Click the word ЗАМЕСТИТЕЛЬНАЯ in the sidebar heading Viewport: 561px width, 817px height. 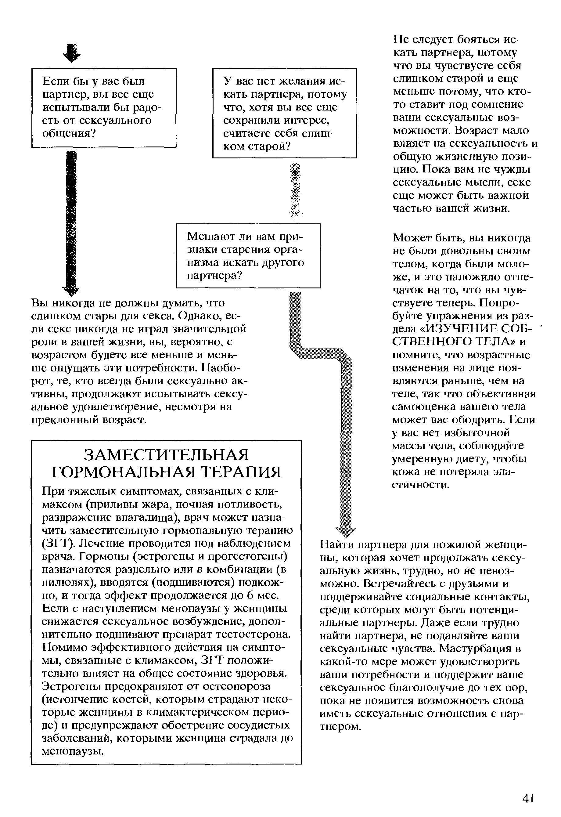click(x=166, y=455)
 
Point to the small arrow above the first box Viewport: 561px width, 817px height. click(x=72, y=53)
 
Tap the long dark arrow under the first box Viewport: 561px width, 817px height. click(x=72, y=222)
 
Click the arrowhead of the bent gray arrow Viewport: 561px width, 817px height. click(x=346, y=533)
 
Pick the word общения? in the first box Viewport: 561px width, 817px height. click(x=69, y=134)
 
